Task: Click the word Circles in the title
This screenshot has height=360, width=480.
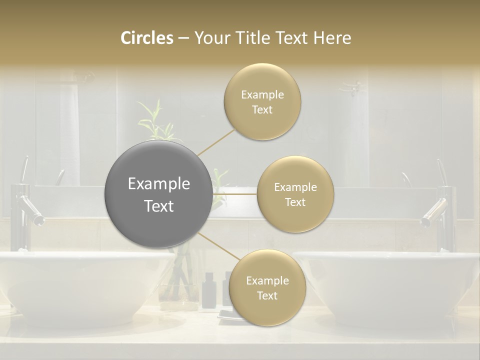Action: point(147,38)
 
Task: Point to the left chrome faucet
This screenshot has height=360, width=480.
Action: point(25,210)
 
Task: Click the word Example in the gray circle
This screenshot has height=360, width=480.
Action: point(158,184)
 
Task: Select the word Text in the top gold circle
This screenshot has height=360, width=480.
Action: point(262,110)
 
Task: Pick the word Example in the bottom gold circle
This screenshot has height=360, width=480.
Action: point(267,281)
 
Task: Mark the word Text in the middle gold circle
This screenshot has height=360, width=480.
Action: point(295,202)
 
